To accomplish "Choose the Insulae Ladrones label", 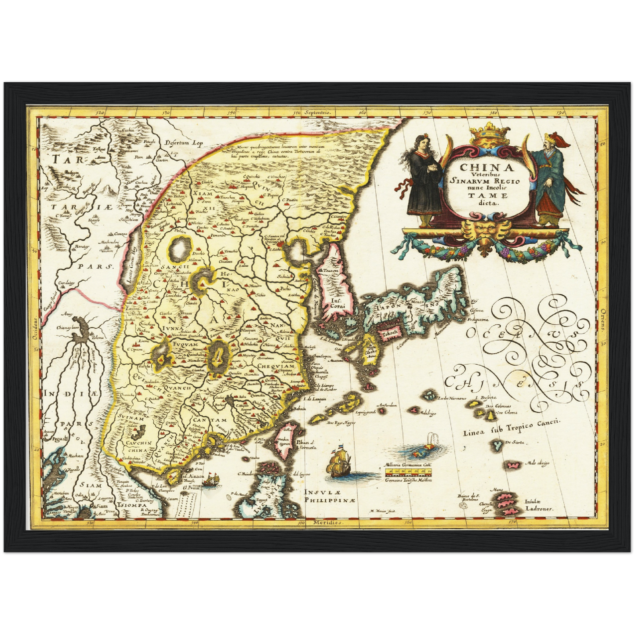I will pos(539,505).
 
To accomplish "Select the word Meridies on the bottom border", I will pos(327,523).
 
